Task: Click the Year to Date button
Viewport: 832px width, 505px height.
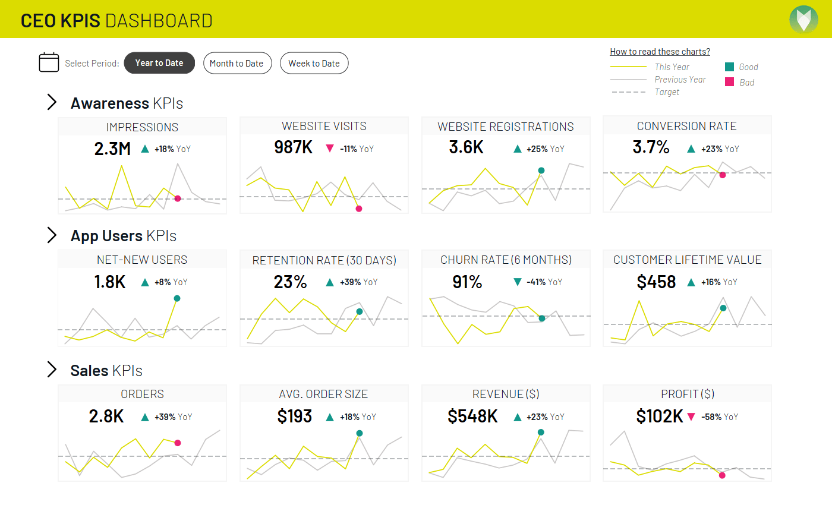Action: click(x=159, y=63)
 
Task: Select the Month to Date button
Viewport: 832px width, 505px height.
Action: click(x=237, y=64)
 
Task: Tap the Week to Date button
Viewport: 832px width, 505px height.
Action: click(x=314, y=64)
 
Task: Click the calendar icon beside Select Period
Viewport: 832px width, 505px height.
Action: click(x=49, y=62)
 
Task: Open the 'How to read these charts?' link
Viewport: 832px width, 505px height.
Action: click(x=660, y=52)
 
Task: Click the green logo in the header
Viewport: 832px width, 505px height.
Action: click(x=803, y=19)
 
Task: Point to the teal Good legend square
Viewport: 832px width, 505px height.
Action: click(x=729, y=67)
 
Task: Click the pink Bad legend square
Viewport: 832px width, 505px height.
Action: click(x=729, y=82)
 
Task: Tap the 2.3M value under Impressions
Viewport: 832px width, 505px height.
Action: click(x=112, y=149)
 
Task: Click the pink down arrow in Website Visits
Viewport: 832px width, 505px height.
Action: click(x=330, y=149)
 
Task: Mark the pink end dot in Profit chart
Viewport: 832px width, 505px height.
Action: click(x=722, y=475)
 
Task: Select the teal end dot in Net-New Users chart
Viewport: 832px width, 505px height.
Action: click(x=177, y=298)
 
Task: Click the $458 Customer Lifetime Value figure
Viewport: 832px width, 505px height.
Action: click(x=656, y=282)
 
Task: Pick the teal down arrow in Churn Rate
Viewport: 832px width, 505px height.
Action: click(x=517, y=282)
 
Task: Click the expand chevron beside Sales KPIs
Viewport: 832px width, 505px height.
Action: click(x=52, y=370)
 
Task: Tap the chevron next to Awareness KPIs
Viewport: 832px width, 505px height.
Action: click(x=52, y=102)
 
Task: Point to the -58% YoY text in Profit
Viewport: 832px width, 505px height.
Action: click(x=720, y=417)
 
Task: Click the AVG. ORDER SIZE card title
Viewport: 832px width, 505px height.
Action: click(x=323, y=394)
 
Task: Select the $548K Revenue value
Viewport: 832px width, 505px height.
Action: click(x=472, y=416)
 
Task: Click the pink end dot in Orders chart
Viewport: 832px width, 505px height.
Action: click(x=177, y=443)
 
